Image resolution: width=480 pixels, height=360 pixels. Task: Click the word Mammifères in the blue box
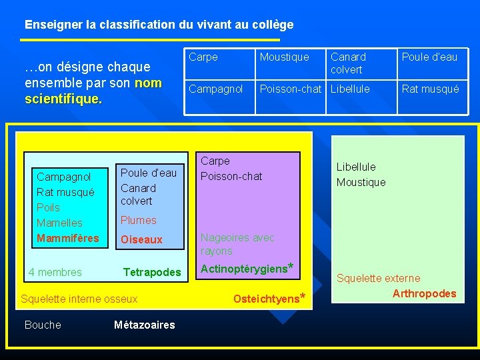[68, 238]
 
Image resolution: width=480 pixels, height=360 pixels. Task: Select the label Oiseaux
[141, 239]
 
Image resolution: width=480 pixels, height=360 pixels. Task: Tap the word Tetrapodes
[152, 272]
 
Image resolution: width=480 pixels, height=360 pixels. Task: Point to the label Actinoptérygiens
[243, 269]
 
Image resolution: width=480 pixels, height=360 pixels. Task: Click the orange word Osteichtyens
[266, 299]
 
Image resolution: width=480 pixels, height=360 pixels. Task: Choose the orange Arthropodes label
[425, 293]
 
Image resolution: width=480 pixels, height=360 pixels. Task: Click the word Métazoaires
[145, 325]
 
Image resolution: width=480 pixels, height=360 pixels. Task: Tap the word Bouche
[43, 325]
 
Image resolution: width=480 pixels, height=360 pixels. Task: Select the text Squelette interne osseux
[79, 299]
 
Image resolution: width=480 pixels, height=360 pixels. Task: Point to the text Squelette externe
[378, 278]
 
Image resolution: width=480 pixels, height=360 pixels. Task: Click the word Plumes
[139, 220]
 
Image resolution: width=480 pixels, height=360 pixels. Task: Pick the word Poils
[48, 207]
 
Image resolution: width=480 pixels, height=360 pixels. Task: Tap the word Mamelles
[59, 223]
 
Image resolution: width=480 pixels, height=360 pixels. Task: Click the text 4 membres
[55, 272]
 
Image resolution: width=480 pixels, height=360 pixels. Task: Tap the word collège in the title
[273, 25]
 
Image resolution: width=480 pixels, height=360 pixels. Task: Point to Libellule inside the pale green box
[356, 167]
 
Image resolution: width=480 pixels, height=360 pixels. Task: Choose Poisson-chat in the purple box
[231, 176]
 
